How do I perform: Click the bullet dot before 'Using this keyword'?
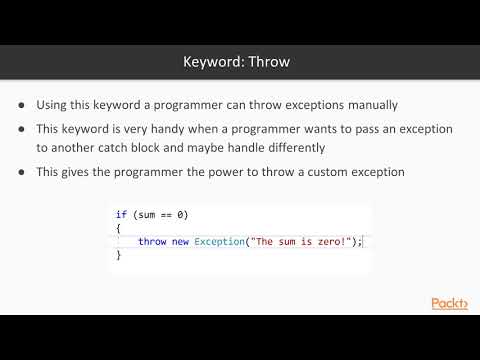pos(22,104)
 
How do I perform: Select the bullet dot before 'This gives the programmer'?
pos(22,172)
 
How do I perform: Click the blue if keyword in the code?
pos(120,215)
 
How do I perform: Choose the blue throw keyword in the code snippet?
pos(152,242)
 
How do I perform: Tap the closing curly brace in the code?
pos(118,256)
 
